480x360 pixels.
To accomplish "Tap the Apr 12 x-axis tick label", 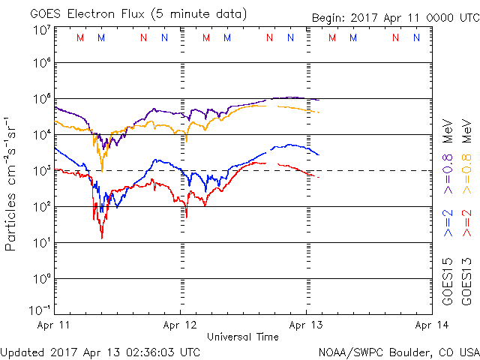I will tap(181, 325).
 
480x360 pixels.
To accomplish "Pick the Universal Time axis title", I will tap(243, 337).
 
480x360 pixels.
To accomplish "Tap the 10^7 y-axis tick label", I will tap(41, 30).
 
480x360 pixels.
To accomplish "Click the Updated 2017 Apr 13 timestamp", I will tap(100, 351).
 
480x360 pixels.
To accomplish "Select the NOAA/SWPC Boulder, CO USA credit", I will tap(398, 351).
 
